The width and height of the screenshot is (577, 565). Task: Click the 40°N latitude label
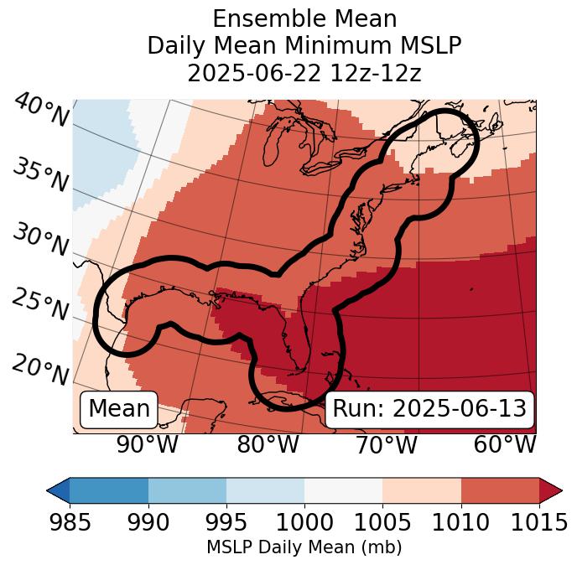(x=40, y=111)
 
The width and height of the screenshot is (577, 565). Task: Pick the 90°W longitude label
(x=148, y=444)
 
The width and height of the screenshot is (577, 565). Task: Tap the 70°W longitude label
(x=386, y=444)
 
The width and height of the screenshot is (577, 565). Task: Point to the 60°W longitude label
(x=505, y=444)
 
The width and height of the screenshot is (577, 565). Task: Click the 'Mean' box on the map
(x=119, y=409)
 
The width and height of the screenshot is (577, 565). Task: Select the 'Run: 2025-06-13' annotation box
(x=429, y=409)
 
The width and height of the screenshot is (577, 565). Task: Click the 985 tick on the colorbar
(x=70, y=522)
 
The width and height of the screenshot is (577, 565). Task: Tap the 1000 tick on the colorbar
(x=304, y=522)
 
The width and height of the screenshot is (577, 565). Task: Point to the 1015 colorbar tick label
(x=538, y=522)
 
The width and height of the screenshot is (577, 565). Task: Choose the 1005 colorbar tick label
(x=382, y=522)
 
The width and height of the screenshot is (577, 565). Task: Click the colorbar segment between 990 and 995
(x=187, y=490)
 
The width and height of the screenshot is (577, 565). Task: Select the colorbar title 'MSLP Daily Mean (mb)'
(x=304, y=548)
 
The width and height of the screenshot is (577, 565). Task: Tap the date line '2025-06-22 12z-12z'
(x=304, y=73)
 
